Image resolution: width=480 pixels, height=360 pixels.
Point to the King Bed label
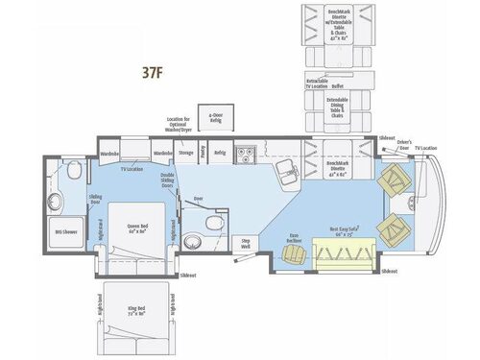pos(137,313)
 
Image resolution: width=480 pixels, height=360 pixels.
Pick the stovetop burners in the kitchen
pos(246,152)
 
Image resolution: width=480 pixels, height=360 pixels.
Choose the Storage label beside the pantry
pos(186,152)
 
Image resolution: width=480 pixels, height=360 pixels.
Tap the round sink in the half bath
pos(217,221)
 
